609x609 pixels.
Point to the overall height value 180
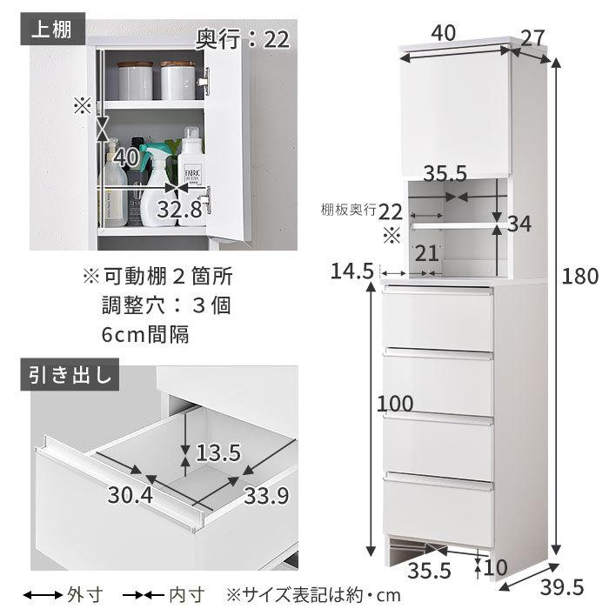(x=580, y=277)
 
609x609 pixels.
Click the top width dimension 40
(x=442, y=33)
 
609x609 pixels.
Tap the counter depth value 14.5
(x=352, y=271)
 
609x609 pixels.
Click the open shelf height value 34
(x=519, y=224)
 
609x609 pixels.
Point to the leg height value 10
(x=496, y=567)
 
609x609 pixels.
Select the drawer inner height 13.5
(x=218, y=453)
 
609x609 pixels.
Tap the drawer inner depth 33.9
(x=265, y=496)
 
